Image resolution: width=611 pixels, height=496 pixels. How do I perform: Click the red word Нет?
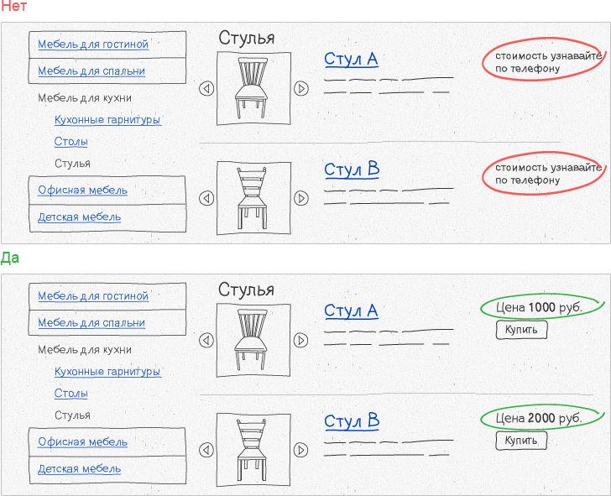pyautogui.click(x=13, y=6)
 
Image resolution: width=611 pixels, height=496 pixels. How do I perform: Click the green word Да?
pyautogui.click(x=10, y=258)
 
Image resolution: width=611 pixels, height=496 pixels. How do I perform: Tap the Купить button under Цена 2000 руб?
pyautogui.click(x=521, y=441)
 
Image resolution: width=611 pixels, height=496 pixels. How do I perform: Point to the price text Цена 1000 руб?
pyautogui.click(x=539, y=307)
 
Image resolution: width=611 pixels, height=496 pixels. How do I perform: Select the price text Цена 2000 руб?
pyautogui.click(x=539, y=418)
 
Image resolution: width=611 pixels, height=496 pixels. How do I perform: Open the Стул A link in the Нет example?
pyautogui.click(x=351, y=60)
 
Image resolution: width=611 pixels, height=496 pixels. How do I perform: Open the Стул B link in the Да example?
pyautogui.click(x=352, y=421)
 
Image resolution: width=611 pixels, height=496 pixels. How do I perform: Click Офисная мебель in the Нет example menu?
pyautogui.click(x=82, y=191)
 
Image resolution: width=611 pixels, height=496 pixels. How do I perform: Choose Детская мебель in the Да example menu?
pyautogui.click(x=79, y=469)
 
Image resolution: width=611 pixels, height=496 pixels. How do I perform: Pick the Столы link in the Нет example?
pyautogui.click(x=70, y=142)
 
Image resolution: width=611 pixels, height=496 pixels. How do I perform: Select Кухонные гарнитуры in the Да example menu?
pyautogui.click(x=107, y=371)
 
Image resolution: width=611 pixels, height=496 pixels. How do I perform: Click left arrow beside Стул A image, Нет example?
pyautogui.click(x=206, y=88)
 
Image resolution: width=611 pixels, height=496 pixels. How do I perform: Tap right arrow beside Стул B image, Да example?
pyautogui.click(x=300, y=450)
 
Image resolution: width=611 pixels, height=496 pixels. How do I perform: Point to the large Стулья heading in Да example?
pyautogui.click(x=246, y=290)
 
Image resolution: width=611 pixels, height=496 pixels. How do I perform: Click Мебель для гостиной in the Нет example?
pyautogui.click(x=93, y=44)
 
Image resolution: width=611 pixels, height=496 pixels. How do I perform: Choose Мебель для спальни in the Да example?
pyautogui.click(x=91, y=322)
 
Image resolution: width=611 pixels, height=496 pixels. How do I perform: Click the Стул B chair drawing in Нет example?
pyautogui.click(x=252, y=198)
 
